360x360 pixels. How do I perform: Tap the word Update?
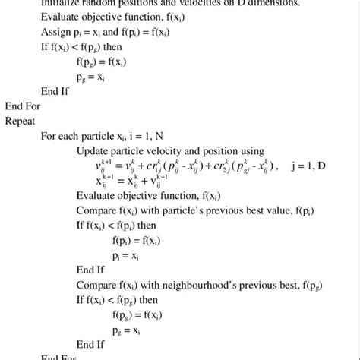93,151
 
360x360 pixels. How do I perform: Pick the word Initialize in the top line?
62,3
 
